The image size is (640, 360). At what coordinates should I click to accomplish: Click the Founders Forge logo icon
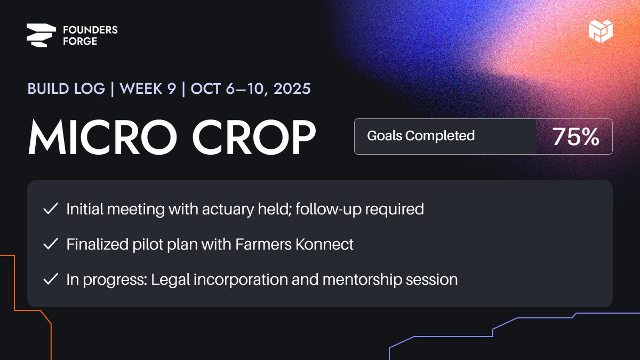pyautogui.click(x=41, y=35)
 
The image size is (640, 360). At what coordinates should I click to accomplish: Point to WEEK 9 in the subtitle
pyautogui.click(x=148, y=89)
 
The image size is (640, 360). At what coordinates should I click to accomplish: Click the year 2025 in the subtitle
pyautogui.click(x=292, y=89)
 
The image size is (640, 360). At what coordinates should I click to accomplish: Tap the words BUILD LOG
pyautogui.click(x=66, y=89)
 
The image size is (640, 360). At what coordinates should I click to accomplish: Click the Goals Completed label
pyautogui.click(x=421, y=136)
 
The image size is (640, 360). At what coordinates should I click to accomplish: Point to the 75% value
pyautogui.click(x=575, y=137)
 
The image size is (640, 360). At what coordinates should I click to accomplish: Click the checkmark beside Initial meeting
pyautogui.click(x=51, y=209)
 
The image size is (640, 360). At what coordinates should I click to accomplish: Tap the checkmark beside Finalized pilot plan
pyautogui.click(x=51, y=244)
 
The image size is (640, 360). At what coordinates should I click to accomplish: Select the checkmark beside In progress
pyautogui.click(x=51, y=279)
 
